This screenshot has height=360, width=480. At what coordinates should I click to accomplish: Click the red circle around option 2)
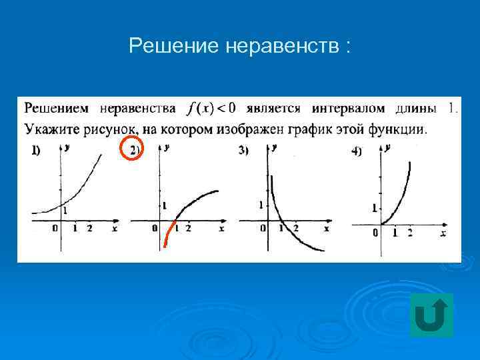tap(132, 150)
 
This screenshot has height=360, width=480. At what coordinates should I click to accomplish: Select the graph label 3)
tap(243, 151)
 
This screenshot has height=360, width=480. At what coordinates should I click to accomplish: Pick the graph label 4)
tap(356, 152)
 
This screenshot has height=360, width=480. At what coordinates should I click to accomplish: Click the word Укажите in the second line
tap(51, 128)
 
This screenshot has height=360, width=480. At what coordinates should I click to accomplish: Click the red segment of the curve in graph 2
tap(169, 233)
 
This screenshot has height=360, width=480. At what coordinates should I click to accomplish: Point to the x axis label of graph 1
tap(114, 229)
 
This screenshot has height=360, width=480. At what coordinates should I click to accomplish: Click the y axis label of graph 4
tap(387, 147)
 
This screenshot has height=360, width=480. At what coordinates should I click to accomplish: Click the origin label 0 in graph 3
tap(263, 229)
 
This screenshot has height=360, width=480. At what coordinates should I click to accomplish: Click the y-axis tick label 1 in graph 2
tap(164, 205)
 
